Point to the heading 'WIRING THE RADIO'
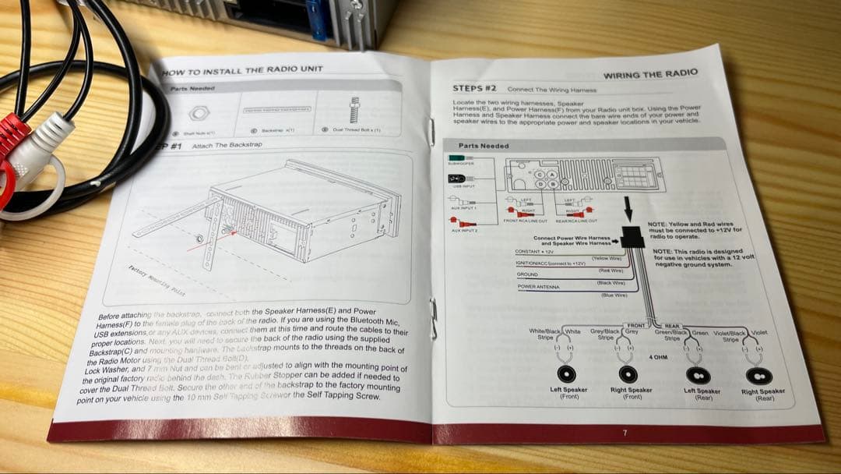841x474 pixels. click(651, 74)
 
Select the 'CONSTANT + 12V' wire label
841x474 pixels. click(535, 251)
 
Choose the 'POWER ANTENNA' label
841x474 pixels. click(537, 287)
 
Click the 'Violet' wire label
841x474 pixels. click(759, 333)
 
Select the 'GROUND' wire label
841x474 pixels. click(528, 274)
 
